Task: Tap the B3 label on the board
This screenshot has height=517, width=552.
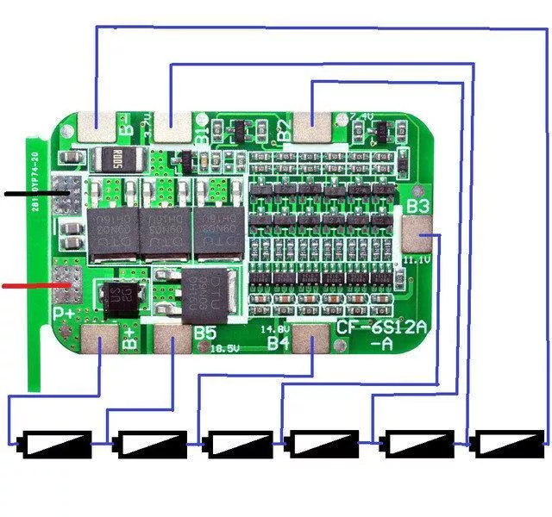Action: click(x=418, y=207)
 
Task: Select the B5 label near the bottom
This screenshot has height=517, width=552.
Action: click(x=205, y=333)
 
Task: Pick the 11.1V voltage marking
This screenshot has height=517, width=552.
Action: click(x=417, y=258)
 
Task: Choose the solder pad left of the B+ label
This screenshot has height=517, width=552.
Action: click(x=100, y=342)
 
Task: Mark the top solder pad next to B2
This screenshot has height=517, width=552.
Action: click(x=310, y=126)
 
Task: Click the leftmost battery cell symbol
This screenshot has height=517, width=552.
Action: click(x=56, y=444)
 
